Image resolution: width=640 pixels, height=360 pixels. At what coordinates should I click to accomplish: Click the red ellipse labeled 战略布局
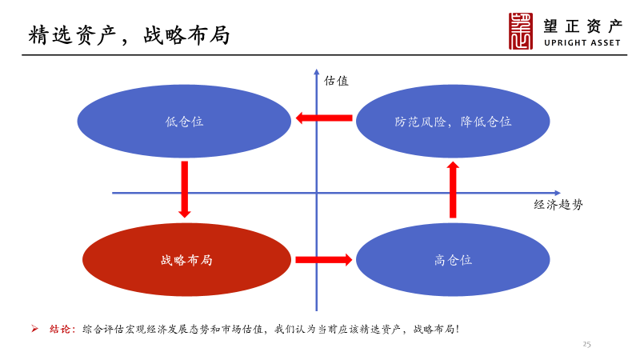186,260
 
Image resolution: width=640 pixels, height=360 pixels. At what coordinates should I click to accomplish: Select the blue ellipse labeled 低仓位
184,122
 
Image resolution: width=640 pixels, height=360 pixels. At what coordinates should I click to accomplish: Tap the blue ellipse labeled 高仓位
453,260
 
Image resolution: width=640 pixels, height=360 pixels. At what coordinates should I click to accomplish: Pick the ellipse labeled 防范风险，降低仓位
453,122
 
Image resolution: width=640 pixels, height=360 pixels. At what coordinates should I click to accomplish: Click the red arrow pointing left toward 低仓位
324,118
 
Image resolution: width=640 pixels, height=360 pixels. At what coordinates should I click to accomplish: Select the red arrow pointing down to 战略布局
185,189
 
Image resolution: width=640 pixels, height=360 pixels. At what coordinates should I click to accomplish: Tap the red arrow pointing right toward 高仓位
323,259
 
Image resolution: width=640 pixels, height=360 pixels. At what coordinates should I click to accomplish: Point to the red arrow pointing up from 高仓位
453,190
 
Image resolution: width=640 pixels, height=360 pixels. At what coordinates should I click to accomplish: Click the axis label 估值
336,81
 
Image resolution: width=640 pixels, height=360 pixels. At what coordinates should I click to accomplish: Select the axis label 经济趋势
558,205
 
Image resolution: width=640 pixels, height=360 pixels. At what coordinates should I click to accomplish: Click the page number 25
586,344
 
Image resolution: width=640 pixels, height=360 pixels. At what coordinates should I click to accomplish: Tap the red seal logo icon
521,31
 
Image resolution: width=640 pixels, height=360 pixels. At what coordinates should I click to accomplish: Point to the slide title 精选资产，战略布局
129,35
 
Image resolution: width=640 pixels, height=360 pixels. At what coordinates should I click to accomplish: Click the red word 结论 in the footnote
62,329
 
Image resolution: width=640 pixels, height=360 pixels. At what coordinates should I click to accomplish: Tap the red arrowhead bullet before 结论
34,329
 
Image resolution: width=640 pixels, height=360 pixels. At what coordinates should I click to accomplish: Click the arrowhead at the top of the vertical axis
317,74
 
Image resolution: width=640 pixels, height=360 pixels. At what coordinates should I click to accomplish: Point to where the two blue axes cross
317,192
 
